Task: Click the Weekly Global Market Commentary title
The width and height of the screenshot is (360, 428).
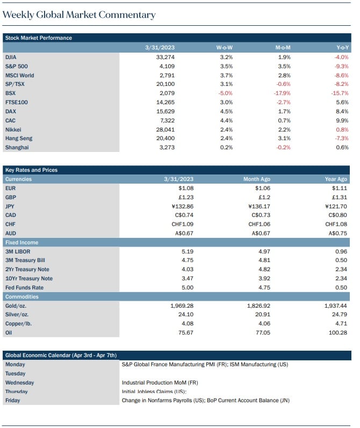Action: click(x=79, y=14)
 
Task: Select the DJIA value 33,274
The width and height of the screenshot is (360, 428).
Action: click(x=165, y=57)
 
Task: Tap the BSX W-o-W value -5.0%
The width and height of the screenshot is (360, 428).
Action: click(x=225, y=93)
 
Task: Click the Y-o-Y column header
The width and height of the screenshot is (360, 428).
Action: click(x=342, y=47)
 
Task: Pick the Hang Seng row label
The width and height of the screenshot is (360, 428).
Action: click(x=19, y=139)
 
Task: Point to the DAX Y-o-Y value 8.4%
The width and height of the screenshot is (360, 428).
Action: click(x=342, y=111)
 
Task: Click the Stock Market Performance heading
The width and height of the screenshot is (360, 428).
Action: click(x=39, y=38)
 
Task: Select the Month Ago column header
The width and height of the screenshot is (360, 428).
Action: click(x=257, y=179)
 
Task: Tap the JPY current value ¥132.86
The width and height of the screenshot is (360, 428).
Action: click(x=183, y=206)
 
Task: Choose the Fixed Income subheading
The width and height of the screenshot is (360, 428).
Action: click(x=22, y=242)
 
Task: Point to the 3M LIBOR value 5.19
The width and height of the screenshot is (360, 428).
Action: click(x=188, y=251)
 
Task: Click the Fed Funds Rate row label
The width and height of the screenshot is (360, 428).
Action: click(x=24, y=287)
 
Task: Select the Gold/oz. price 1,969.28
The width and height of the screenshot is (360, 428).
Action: click(x=182, y=306)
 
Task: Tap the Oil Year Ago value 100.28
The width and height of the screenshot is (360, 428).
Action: click(x=338, y=332)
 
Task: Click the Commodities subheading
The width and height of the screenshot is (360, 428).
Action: click(x=22, y=297)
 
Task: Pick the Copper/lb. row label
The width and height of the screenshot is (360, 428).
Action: click(x=19, y=323)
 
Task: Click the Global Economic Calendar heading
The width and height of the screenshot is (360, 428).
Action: click(x=61, y=355)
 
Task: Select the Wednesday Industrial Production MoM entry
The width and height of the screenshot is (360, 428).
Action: click(x=160, y=382)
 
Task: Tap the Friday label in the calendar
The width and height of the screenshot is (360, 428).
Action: click(x=12, y=401)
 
